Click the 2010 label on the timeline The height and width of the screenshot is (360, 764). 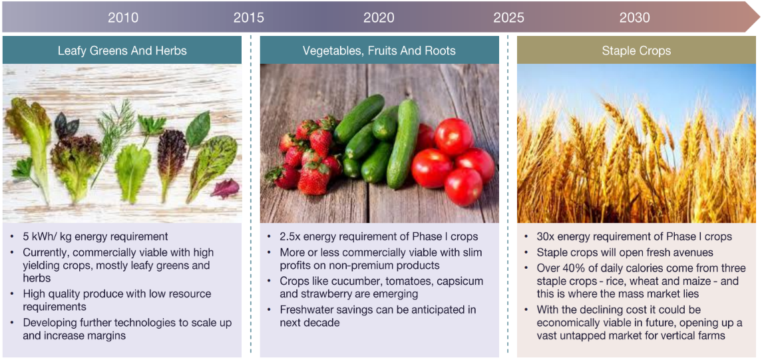click(123, 17)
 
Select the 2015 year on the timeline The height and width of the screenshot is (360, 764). click(248, 17)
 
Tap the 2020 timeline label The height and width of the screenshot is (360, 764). click(379, 17)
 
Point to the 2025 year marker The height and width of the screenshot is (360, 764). click(508, 17)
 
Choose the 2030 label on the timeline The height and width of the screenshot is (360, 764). click(635, 17)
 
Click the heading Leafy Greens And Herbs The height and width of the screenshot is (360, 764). click(122, 50)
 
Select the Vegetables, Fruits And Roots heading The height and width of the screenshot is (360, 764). click(379, 50)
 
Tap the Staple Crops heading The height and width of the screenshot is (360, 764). click(636, 50)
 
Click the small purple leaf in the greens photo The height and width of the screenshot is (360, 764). click(225, 188)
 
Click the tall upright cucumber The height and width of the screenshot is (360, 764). click(403, 143)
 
